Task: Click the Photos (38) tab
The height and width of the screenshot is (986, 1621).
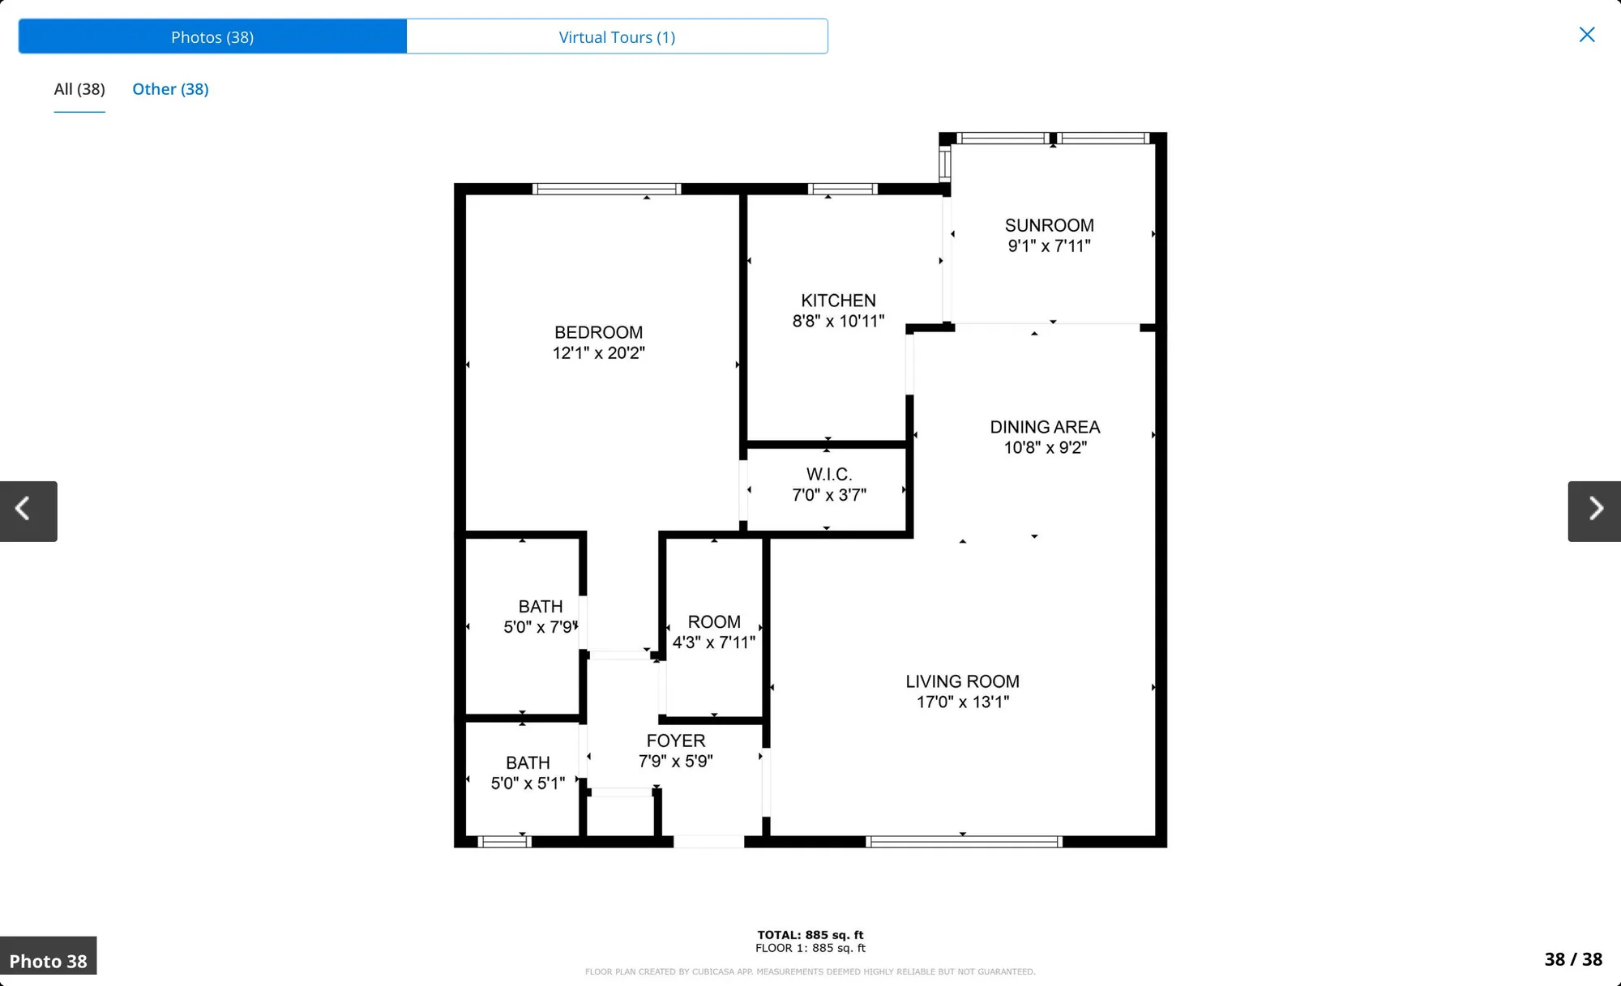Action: (212, 37)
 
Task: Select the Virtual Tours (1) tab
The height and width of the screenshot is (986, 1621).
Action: (617, 37)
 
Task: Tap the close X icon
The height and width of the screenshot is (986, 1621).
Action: (1586, 35)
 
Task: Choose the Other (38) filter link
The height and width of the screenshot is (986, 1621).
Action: (170, 89)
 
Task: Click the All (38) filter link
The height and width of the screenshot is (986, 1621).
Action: (79, 89)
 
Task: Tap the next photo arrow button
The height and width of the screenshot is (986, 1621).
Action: (1593, 510)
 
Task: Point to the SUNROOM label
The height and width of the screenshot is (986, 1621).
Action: (1049, 225)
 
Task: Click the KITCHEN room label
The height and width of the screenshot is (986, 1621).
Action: (838, 301)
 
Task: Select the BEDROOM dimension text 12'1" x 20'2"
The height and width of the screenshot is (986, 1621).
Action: (598, 353)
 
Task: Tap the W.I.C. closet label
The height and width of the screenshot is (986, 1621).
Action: (828, 475)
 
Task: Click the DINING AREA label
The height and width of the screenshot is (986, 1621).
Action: (1045, 427)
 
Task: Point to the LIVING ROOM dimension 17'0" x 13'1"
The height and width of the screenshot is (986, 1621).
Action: (962, 702)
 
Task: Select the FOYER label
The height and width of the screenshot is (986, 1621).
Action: (675, 741)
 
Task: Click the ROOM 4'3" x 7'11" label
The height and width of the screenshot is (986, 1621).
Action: (713, 632)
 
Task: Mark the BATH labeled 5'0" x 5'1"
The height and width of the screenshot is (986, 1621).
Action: (528, 773)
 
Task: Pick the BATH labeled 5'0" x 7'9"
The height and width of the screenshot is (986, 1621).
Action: (540, 617)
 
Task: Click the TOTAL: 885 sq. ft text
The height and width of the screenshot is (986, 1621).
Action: (810, 935)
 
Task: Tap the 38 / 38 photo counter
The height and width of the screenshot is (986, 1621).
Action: (1572, 959)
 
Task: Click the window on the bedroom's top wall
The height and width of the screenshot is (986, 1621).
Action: (606, 190)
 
